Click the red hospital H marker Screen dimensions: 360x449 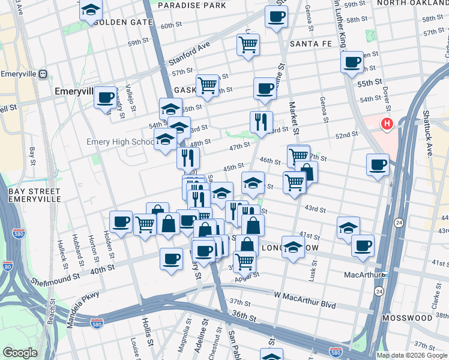click(x=387, y=125)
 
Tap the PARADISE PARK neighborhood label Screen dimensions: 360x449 click(x=193, y=5)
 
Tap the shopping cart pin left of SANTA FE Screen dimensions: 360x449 click(x=249, y=44)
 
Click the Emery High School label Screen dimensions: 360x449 click(x=121, y=142)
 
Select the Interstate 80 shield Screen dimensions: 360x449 click(x=7, y=265)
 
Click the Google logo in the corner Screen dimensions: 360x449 click(x=20, y=353)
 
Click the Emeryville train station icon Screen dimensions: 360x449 click(x=42, y=74)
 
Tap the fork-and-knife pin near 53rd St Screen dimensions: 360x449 click(x=261, y=122)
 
